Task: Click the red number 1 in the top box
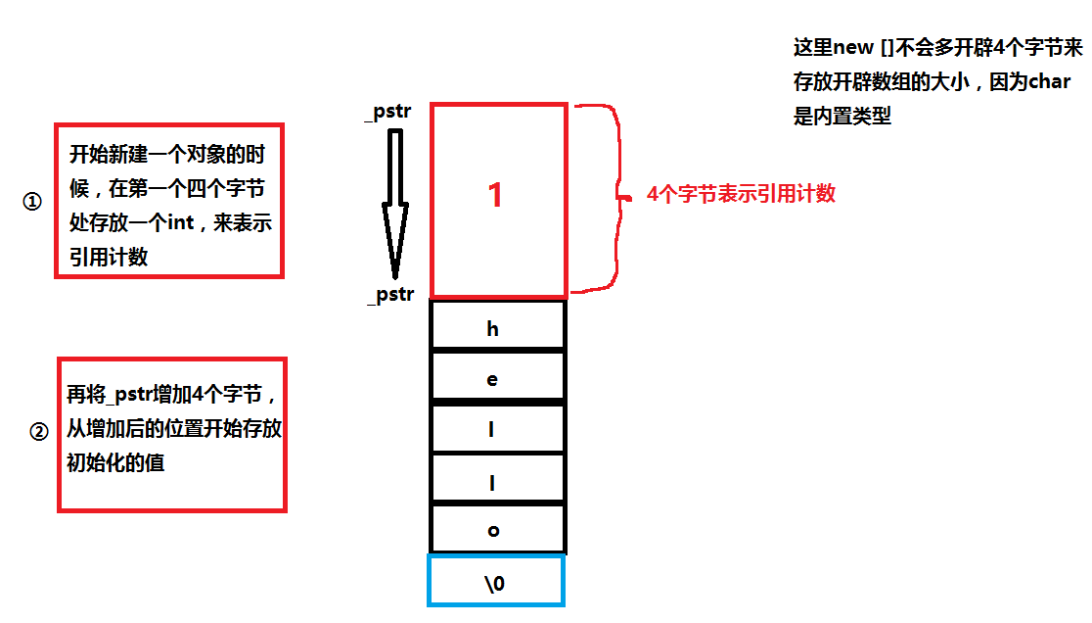495,194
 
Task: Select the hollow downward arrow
395,201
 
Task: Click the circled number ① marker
32,202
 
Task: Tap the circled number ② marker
40,431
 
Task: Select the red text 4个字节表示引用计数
741,194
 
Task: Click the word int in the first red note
181,223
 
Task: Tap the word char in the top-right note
1049,82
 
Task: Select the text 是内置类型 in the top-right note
842,117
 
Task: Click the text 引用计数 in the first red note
108,257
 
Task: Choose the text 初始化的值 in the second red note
115,462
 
